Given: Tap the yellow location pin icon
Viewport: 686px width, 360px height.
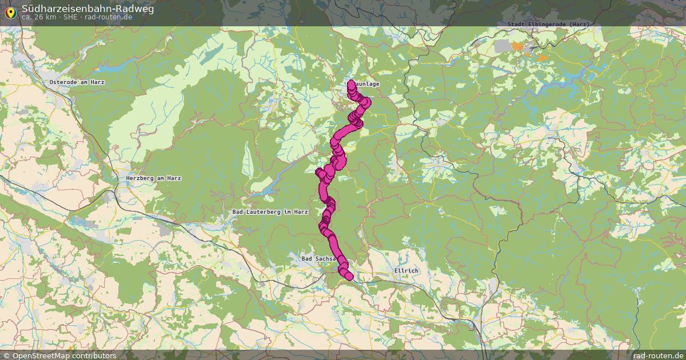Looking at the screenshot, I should (x=10, y=12).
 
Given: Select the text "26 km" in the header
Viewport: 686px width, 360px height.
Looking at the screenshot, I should (x=45, y=17).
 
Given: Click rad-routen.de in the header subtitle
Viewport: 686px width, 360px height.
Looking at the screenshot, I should (x=109, y=17).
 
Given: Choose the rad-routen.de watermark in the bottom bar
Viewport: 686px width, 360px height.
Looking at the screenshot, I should (x=659, y=355).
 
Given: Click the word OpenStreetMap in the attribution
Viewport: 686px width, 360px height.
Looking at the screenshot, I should (x=46, y=355).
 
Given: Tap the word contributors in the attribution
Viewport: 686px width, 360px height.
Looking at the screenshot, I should (x=98, y=355).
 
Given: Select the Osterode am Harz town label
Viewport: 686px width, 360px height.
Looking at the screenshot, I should (x=77, y=82).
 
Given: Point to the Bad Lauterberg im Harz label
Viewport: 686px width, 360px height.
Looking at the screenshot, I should (x=270, y=212).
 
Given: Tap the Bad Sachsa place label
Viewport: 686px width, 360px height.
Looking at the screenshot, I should (x=318, y=259).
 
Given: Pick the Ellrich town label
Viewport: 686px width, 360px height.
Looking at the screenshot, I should (x=406, y=270).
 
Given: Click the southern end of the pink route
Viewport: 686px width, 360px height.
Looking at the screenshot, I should (x=349, y=277).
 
